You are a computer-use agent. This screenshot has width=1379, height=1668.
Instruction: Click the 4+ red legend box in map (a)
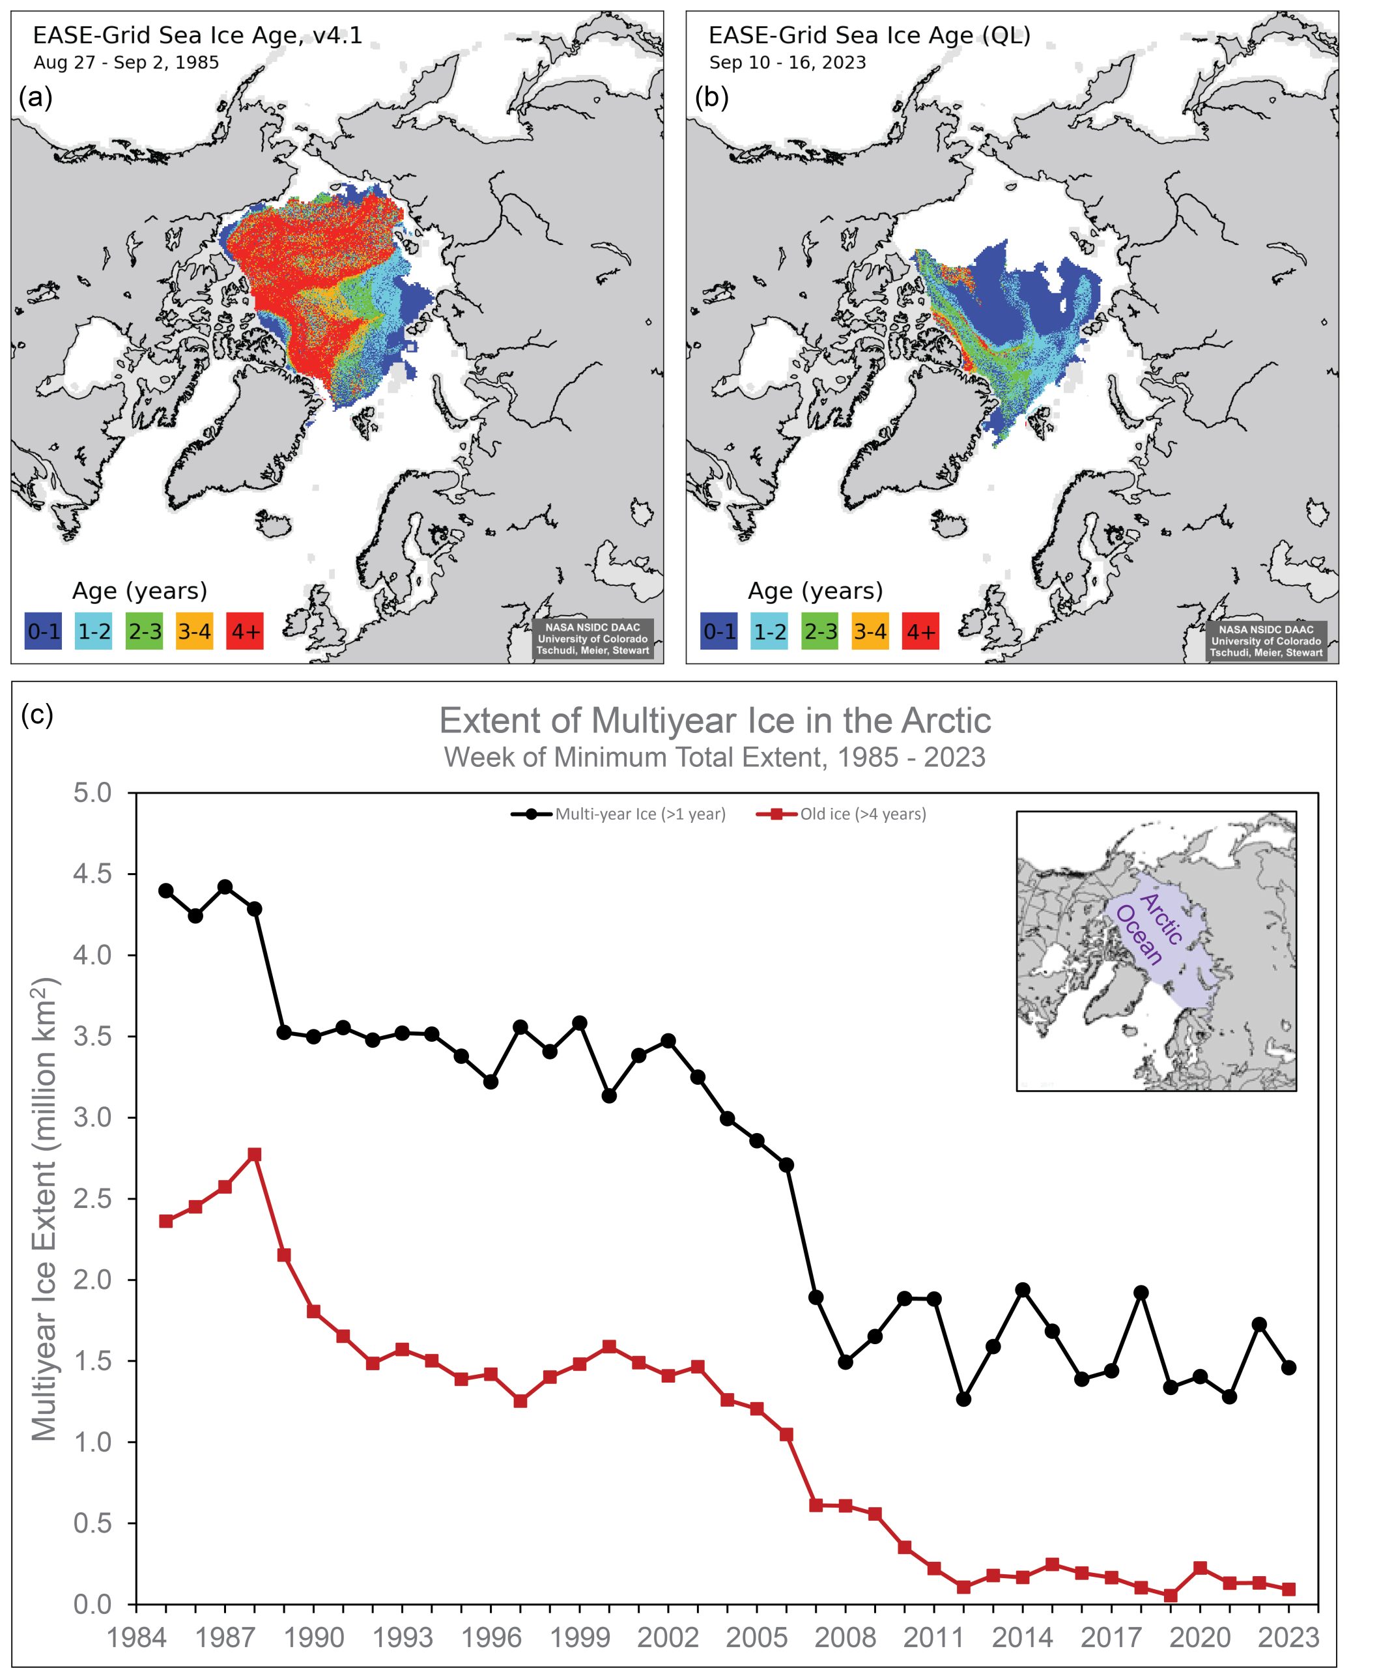244,631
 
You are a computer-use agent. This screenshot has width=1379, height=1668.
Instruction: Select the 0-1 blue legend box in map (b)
718,631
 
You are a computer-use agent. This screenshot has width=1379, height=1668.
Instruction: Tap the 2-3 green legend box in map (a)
144,631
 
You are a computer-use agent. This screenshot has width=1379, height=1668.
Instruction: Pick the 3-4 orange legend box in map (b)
870,631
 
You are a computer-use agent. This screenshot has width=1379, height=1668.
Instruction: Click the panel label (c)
36,714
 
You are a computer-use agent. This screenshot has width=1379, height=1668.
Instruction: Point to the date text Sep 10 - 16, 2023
787,63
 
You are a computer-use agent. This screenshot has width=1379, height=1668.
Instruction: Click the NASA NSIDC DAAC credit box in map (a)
592,639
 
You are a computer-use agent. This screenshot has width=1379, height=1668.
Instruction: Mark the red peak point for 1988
254,1154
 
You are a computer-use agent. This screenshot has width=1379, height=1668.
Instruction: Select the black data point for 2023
1288,1367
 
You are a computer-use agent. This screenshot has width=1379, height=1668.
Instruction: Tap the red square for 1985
166,1221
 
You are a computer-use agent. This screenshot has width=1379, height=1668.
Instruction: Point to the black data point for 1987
225,886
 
